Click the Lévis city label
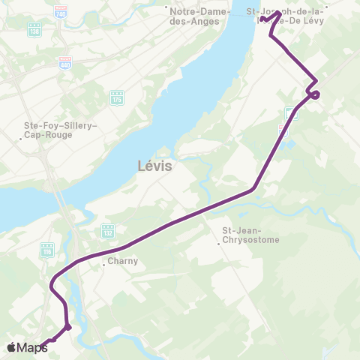[x=156, y=166]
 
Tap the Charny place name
[x=119, y=262]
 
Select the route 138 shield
[x=34, y=29]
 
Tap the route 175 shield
[x=116, y=97]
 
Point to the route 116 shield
[x=47, y=247]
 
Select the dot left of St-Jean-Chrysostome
[x=220, y=241]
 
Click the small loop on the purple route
[x=315, y=94]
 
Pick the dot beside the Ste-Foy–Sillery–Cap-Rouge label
[x=20, y=138]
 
